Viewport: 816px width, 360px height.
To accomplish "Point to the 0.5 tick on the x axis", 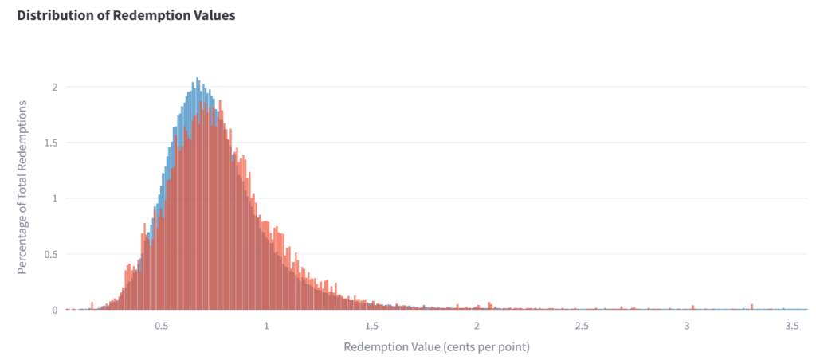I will coord(161,327).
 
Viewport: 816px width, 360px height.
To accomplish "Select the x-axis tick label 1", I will coord(267,327).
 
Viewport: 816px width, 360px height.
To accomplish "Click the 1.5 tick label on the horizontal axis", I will coord(371,327).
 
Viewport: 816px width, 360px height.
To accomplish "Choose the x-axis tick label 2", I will coord(477,327).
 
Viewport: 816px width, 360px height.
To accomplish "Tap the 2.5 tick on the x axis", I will coord(582,327).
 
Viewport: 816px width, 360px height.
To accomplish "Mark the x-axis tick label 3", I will coord(687,327).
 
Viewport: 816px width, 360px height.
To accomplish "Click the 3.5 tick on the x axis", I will coord(792,327).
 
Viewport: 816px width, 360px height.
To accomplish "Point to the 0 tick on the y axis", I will coord(55,310).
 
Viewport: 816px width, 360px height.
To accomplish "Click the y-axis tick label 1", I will coord(55,198).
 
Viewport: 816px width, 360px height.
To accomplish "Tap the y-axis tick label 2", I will coord(55,87).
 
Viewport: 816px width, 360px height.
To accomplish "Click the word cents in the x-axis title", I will coord(454,347).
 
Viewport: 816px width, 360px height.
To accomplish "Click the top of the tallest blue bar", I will coord(197,80).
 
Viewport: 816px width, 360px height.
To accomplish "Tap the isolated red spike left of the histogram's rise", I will coord(92,303).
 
